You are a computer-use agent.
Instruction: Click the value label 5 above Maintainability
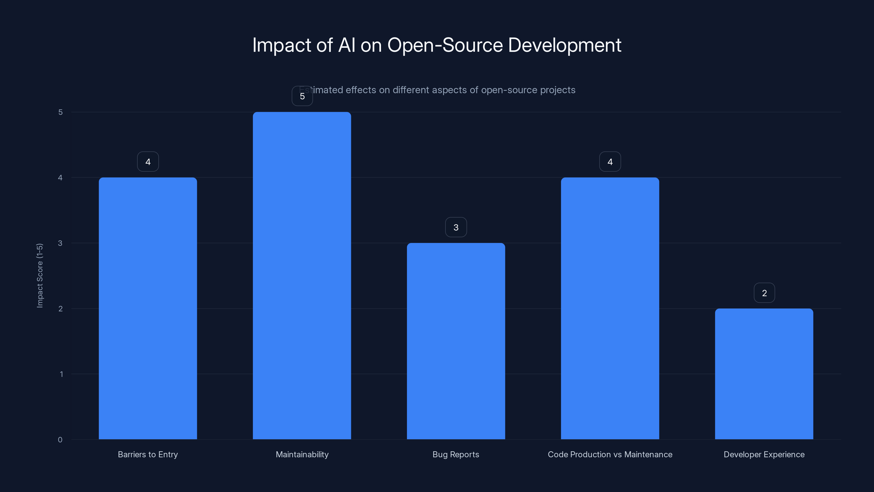302,96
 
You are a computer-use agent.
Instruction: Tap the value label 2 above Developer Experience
764,293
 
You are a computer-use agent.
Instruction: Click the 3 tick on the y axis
60,243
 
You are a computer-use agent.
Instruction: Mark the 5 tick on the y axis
60,112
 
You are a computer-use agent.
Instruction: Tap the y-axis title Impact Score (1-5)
40,275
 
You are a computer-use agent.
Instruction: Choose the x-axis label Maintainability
302,454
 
